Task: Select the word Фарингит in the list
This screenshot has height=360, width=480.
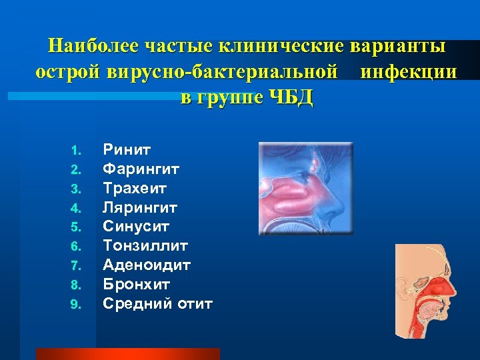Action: (x=141, y=169)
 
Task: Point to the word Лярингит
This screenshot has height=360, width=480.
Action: (x=140, y=208)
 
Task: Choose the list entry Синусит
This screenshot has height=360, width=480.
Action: (x=136, y=227)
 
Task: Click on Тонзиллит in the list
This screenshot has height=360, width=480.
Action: (x=145, y=247)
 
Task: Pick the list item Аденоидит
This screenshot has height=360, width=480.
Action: (x=147, y=266)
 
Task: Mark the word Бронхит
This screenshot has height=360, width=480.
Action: (x=136, y=285)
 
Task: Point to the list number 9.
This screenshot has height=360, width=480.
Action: (x=75, y=305)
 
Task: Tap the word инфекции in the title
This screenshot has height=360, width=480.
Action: (x=408, y=72)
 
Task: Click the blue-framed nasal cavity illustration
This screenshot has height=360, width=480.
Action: (x=305, y=189)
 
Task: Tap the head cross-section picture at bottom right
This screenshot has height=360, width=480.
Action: (x=425, y=291)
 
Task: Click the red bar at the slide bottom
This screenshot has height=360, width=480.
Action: (x=127, y=354)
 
